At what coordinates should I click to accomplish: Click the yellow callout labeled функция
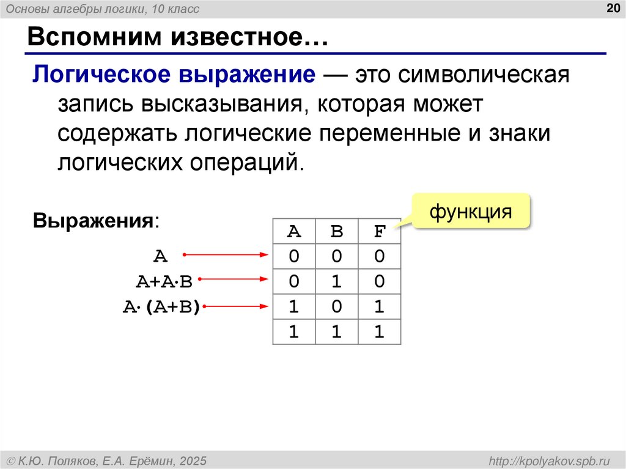tap(470, 212)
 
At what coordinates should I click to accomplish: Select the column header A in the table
tap(294, 232)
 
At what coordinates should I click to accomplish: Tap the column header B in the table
tap(337, 232)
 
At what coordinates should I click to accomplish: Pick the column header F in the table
tap(380, 232)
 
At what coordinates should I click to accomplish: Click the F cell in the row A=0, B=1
tap(380, 281)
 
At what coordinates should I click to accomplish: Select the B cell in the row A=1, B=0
tap(337, 306)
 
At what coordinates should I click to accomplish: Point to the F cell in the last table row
tap(380, 331)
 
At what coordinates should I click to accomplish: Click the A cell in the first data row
tap(294, 256)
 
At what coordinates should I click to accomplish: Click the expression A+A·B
tap(164, 281)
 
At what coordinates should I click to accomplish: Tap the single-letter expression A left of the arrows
tap(160, 256)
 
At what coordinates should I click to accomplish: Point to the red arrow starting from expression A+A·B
tap(233, 280)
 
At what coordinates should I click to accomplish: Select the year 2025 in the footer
tap(193, 460)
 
